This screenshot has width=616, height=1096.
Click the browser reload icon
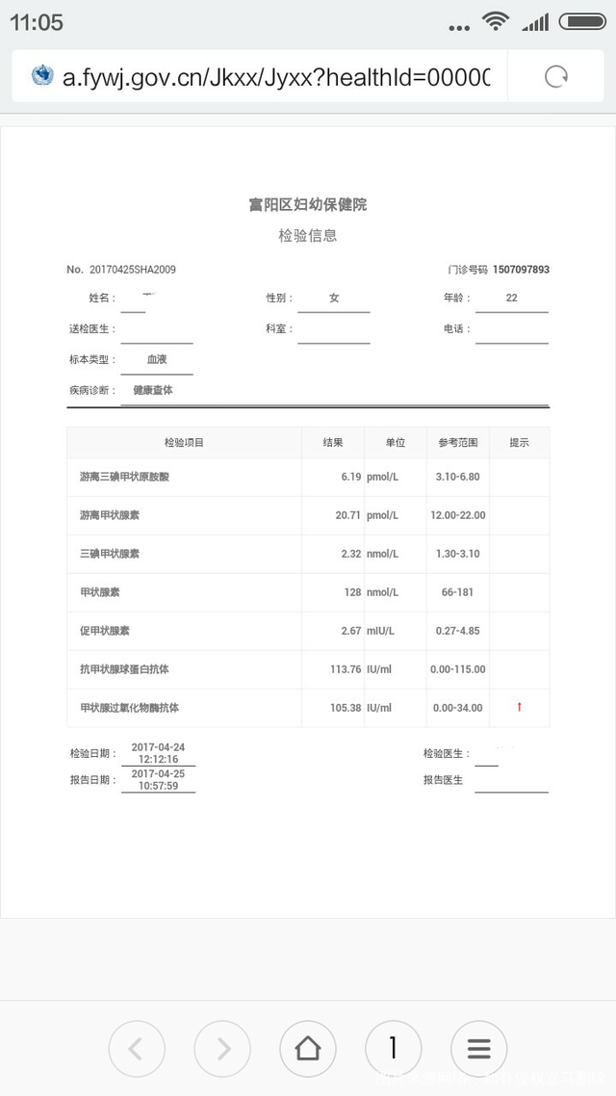(x=556, y=77)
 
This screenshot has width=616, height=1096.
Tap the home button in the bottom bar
(x=308, y=1049)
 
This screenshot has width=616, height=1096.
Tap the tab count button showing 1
(x=393, y=1049)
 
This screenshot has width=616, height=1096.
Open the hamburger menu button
(x=478, y=1049)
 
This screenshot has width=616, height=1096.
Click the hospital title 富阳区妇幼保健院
(x=308, y=204)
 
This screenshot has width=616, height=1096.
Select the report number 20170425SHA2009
(x=133, y=270)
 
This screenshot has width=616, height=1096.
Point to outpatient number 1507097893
(x=521, y=270)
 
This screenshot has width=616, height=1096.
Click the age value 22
(x=511, y=299)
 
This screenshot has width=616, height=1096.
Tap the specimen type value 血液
(x=157, y=359)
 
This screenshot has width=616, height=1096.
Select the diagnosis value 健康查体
(x=153, y=390)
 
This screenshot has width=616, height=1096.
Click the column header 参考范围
(x=458, y=443)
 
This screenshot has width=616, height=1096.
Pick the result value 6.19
(x=350, y=477)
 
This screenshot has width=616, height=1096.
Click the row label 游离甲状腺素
(x=110, y=515)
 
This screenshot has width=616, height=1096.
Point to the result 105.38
(x=346, y=708)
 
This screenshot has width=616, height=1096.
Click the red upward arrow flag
(x=520, y=708)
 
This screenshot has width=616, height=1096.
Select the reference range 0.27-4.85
(x=458, y=631)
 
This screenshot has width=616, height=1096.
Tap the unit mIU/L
(x=380, y=631)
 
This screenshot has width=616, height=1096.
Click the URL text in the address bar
(x=276, y=77)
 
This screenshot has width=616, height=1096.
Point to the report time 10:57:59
(x=158, y=786)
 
